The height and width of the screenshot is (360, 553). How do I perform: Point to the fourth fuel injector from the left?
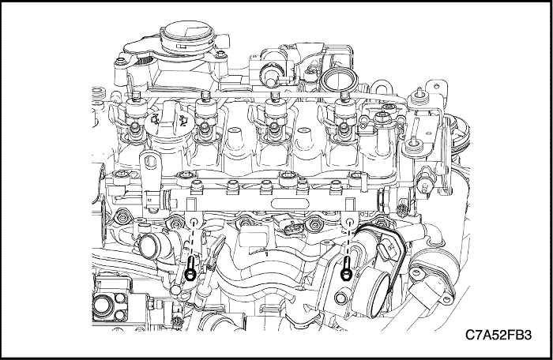[x=344, y=118]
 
